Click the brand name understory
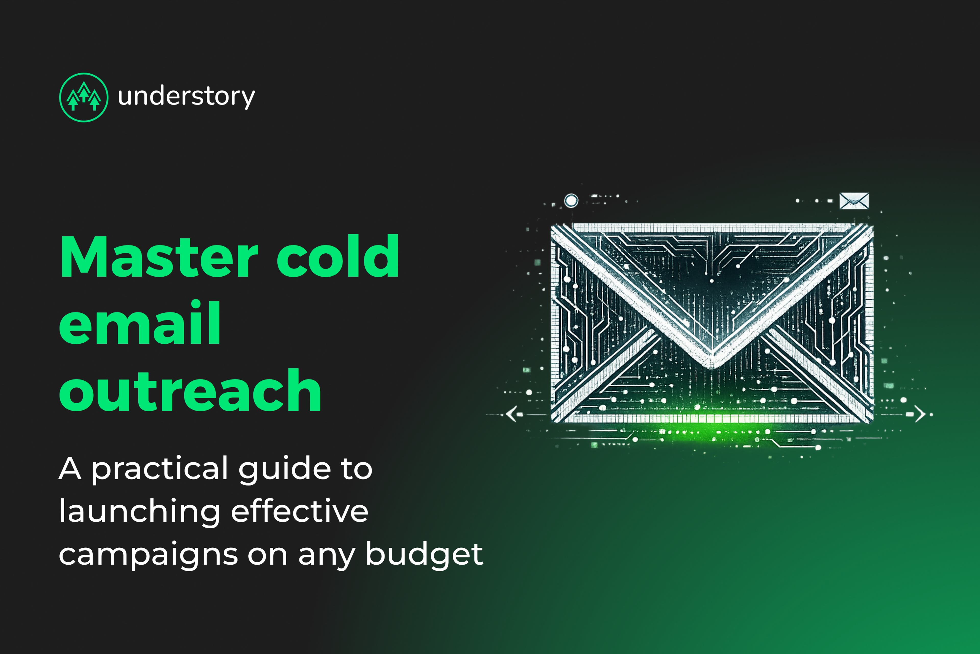click(186, 97)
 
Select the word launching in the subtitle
click(140, 512)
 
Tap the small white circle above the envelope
click(571, 201)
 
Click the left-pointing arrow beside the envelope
click(512, 414)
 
